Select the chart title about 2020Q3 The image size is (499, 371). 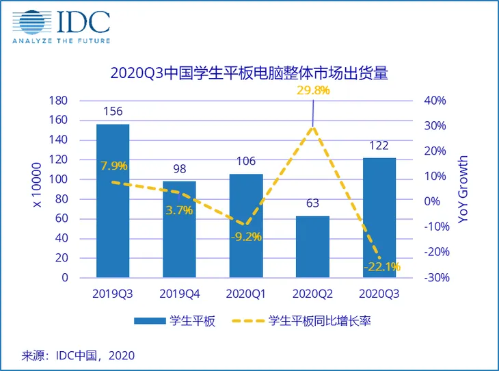[x=249, y=73]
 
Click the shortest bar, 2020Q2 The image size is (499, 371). [x=312, y=246]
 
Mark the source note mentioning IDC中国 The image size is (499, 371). [x=79, y=355]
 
